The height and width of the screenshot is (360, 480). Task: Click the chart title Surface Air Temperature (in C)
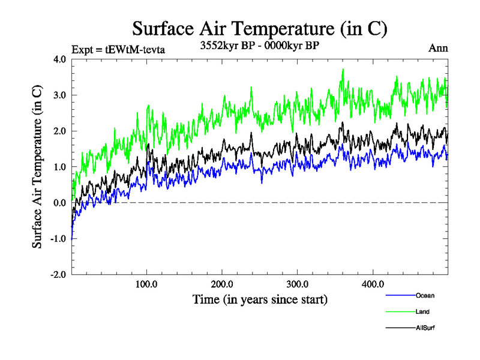[x=259, y=28]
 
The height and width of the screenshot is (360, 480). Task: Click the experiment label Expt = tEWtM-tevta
[x=118, y=49]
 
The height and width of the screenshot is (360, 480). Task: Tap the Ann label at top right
[x=438, y=48]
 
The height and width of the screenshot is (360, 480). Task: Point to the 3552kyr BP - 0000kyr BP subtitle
[x=260, y=44]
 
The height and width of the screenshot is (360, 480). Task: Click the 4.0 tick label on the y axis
[x=59, y=59]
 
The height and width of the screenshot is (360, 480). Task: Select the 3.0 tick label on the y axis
[x=59, y=95]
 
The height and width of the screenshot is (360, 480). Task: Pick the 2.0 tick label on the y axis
[x=59, y=131]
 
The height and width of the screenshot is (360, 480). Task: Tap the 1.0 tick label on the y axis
[x=59, y=167]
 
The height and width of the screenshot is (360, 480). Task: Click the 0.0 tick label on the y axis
[x=59, y=203]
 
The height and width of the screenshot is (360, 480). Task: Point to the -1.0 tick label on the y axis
[x=58, y=239]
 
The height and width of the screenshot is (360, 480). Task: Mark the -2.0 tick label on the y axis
[x=58, y=275]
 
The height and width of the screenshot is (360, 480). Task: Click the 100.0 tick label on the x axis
[x=147, y=284]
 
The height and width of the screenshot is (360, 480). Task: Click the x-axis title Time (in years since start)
[x=260, y=299]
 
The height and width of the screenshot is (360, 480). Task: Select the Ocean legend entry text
[x=424, y=295]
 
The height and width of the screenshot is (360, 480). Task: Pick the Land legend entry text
[x=422, y=311]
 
